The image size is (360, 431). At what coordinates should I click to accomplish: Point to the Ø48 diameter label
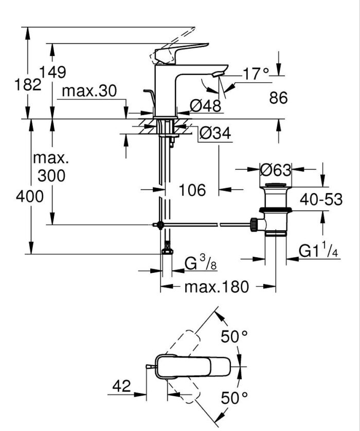(206, 106)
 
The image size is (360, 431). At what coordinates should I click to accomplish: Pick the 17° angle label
(256, 75)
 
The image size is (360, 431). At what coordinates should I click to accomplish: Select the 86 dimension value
(278, 97)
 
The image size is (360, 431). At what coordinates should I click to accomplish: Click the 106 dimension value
(192, 190)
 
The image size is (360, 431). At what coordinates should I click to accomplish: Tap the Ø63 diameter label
(275, 170)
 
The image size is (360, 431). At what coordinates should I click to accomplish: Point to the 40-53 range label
(321, 199)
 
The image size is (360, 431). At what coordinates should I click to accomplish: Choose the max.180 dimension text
(217, 287)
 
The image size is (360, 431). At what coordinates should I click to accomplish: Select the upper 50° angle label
(235, 337)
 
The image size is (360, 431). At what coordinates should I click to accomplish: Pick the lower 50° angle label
(235, 397)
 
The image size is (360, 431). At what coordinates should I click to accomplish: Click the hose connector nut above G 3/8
(167, 251)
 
